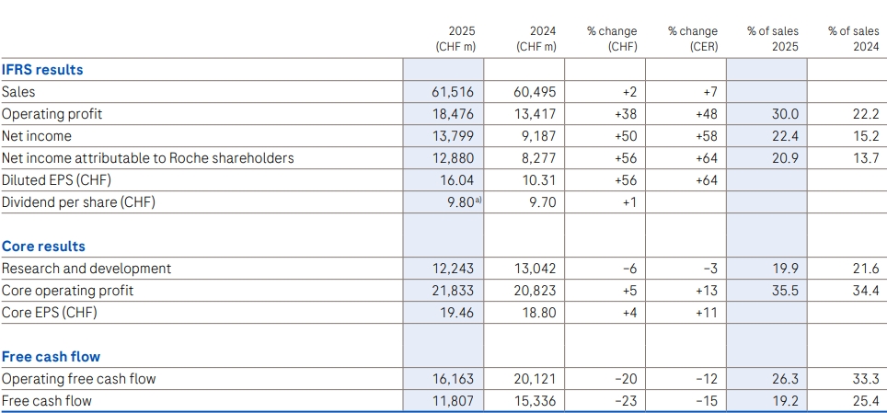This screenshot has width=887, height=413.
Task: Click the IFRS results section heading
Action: [42, 70]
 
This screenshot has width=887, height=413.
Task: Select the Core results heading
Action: [43, 247]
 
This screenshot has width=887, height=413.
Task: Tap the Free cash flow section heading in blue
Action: [51, 356]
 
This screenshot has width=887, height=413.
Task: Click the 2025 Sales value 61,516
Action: [453, 92]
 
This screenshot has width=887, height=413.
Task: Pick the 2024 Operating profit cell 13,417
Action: [535, 114]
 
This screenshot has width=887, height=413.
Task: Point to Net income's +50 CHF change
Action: [625, 136]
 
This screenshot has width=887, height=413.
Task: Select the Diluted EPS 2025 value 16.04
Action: [457, 180]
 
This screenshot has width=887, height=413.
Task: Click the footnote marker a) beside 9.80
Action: [478, 200]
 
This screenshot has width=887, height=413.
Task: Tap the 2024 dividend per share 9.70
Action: [541, 202]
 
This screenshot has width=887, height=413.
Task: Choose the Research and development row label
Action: [86, 269]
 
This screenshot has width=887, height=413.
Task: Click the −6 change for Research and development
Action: [629, 269]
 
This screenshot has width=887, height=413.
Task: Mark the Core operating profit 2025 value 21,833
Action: [453, 291]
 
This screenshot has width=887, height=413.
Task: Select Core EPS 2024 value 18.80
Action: [538, 313]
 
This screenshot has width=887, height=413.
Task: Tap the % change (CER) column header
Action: [693, 39]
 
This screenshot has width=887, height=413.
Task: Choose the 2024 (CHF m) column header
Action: [536, 39]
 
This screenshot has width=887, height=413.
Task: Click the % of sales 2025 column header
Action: [773, 39]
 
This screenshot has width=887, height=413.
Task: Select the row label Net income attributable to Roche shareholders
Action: [147, 158]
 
